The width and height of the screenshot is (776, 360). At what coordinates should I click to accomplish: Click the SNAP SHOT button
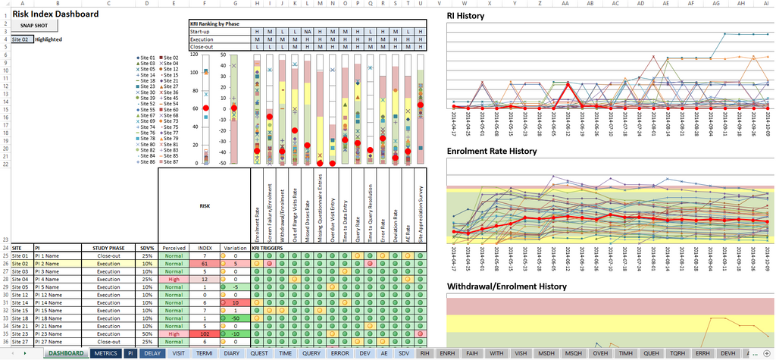34,26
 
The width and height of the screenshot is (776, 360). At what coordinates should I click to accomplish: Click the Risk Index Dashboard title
55,14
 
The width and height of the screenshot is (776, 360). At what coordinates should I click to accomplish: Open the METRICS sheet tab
105,353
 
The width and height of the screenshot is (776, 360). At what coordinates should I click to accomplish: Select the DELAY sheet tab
152,353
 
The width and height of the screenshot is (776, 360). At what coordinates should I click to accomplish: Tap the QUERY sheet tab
311,353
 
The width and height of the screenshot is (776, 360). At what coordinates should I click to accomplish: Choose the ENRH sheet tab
447,353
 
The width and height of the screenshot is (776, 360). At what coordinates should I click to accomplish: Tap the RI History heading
465,15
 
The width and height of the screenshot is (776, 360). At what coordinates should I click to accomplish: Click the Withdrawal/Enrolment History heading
506,286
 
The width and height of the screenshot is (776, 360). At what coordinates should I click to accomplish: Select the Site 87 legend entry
168,161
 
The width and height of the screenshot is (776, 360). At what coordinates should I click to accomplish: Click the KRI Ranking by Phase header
214,23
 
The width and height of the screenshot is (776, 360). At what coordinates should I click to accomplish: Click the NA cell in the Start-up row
307,31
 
